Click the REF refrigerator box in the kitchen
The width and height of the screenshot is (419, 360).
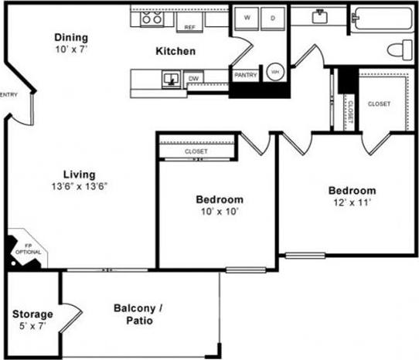(x=189, y=25)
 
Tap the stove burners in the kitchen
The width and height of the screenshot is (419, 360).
(x=149, y=20)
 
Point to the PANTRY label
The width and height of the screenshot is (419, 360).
(x=246, y=75)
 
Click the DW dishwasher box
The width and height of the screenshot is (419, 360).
(x=193, y=78)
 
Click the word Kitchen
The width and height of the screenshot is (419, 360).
(x=175, y=52)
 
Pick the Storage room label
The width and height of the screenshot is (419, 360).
(x=32, y=314)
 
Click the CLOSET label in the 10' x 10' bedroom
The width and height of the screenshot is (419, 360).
(x=196, y=151)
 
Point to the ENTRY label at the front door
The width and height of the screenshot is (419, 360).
(x=9, y=95)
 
